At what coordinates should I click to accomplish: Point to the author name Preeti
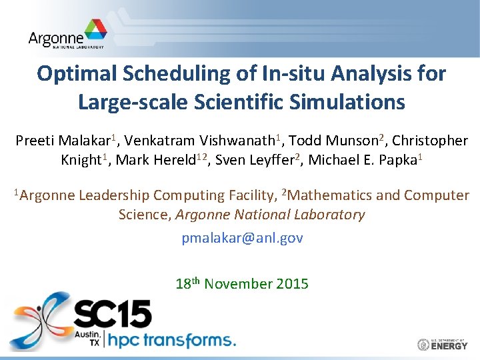tap(35, 141)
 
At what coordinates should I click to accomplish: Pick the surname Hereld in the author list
tap(180, 161)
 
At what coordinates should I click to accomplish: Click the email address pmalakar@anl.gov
tap(242, 238)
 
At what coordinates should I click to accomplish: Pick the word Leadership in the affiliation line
tap(114, 195)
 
